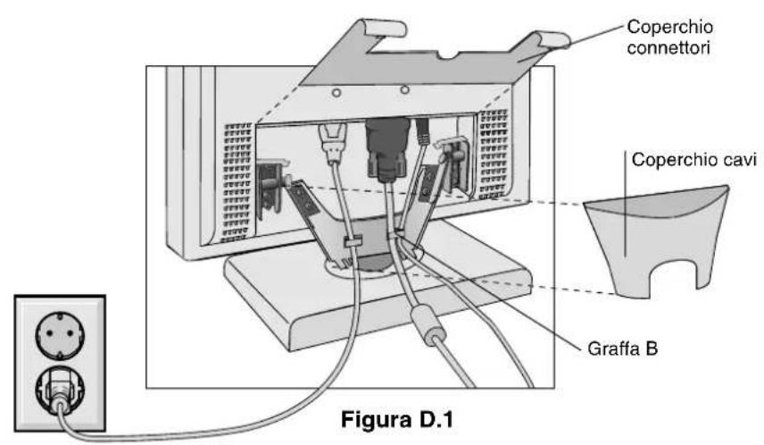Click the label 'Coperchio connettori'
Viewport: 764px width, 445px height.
(669, 38)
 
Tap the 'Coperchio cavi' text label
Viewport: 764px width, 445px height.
(693, 160)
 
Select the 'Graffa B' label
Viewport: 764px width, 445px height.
(622, 348)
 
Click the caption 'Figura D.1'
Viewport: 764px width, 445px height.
(396, 420)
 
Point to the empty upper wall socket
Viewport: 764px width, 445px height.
(60, 336)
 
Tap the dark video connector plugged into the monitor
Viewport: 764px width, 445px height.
(387, 149)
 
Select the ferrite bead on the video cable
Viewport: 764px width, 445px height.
(428, 324)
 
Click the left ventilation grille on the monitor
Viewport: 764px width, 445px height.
(237, 181)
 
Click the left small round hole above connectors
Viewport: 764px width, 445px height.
(336, 92)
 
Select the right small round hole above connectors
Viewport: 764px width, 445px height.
(404, 89)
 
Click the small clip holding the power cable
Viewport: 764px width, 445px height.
(353, 241)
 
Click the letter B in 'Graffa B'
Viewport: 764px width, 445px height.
(652, 348)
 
